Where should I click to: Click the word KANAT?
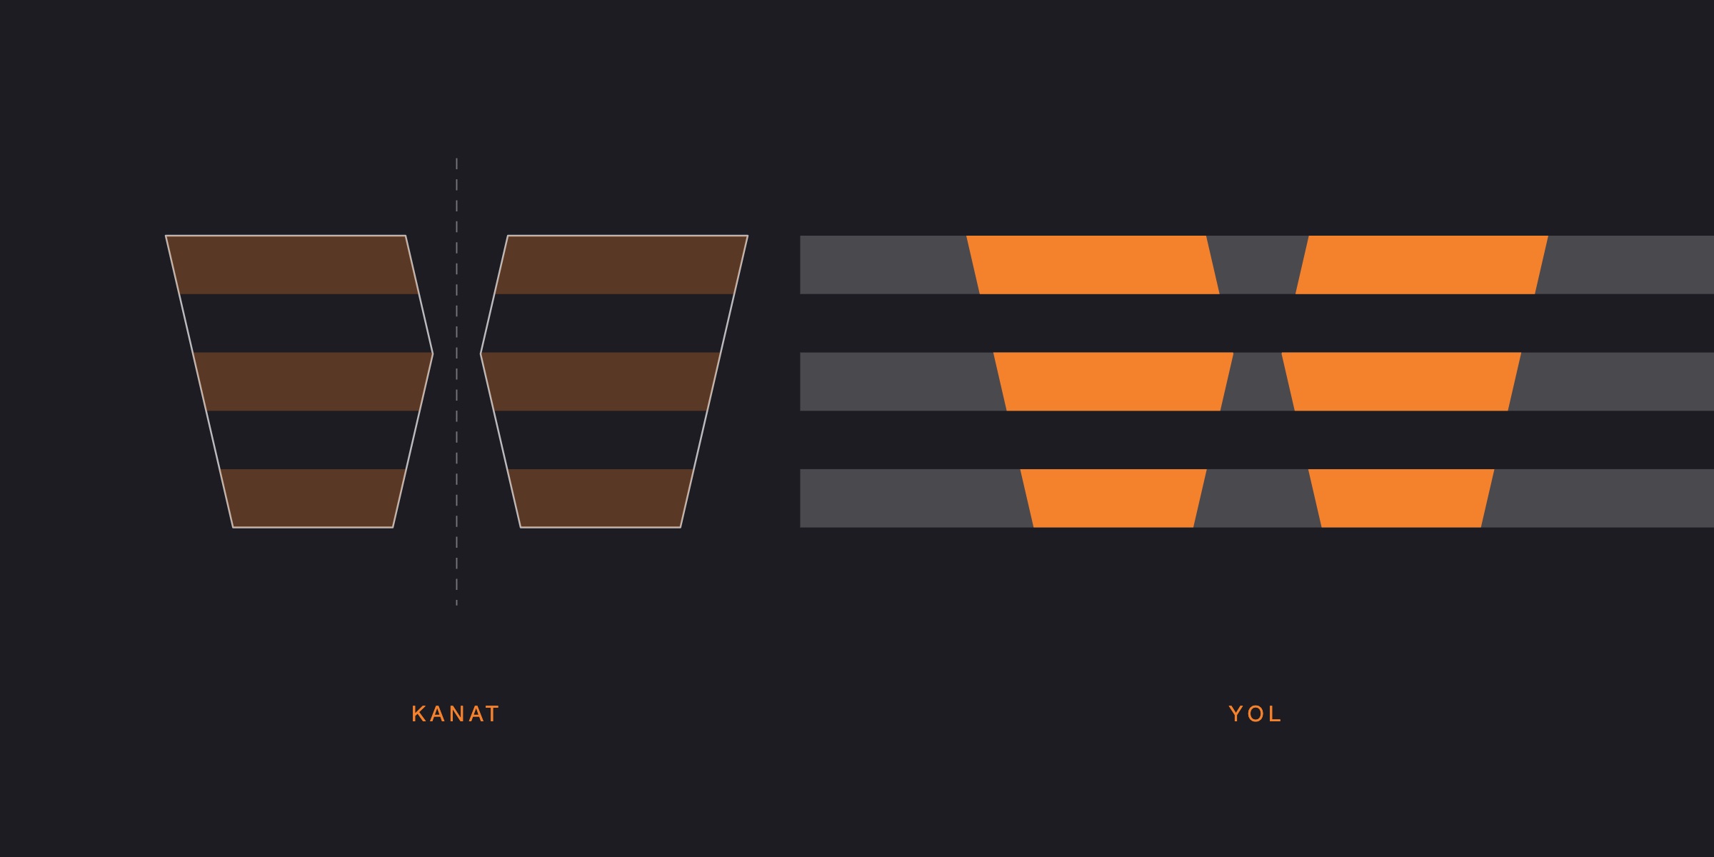coord(456,713)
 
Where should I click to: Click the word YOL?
coord(1256,713)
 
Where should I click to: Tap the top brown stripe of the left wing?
coord(292,264)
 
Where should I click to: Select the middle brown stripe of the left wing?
coord(313,381)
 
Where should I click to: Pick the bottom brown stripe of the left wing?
coord(313,498)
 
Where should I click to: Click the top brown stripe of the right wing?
coord(621,264)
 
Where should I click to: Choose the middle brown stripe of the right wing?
coord(600,381)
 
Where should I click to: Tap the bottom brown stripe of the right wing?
coord(600,498)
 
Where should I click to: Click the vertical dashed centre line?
coord(456,382)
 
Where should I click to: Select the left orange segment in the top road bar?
coord(1093,264)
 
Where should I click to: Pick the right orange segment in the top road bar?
coord(1422,264)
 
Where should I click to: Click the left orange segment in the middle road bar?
coord(1113,381)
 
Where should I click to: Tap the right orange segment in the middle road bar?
coord(1401,381)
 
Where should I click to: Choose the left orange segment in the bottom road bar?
coord(1113,498)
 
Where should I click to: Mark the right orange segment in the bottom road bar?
coord(1401,498)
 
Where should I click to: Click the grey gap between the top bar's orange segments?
coord(1258,264)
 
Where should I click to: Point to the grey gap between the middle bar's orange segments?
coord(1258,381)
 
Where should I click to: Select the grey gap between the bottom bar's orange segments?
coord(1258,498)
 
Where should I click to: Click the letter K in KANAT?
coord(419,713)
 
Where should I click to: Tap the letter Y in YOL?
coord(1236,713)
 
